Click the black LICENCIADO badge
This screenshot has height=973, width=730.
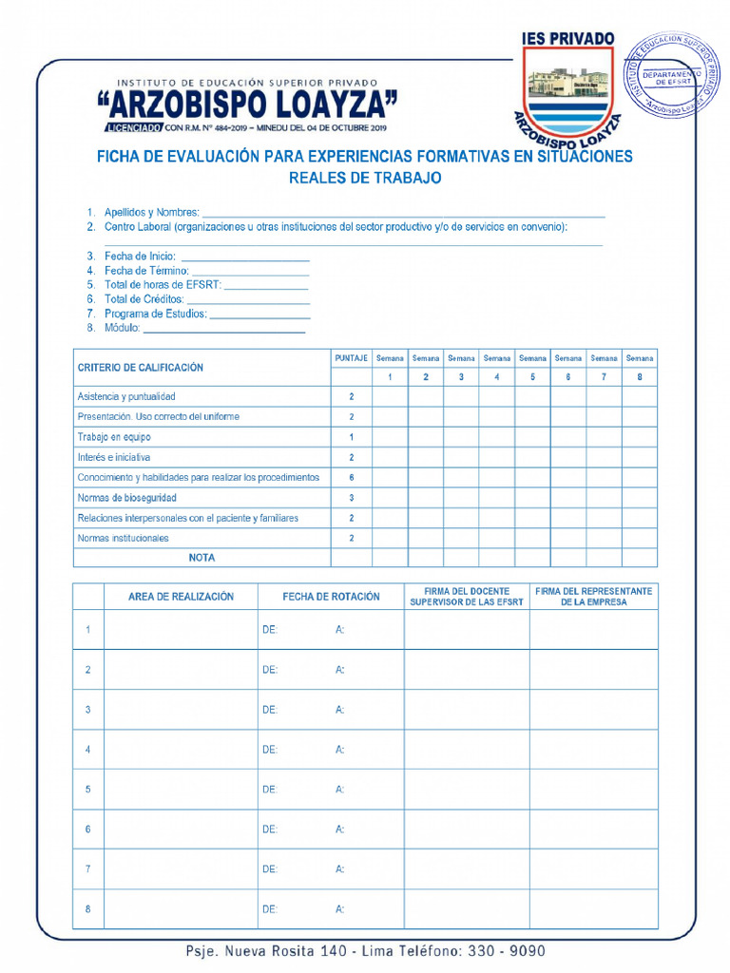click(x=132, y=127)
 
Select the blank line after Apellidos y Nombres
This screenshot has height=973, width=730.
click(x=403, y=213)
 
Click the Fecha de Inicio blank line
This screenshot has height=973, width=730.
click(x=244, y=257)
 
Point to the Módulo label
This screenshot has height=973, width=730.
click(x=122, y=328)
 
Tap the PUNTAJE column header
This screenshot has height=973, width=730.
click(x=351, y=358)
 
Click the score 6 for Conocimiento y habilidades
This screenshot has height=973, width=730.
click(x=351, y=477)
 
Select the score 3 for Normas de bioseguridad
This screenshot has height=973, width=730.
click(x=351, y=498)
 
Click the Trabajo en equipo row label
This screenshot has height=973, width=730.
click(x=114, y=437)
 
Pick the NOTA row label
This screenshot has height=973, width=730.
click(x=202, y=558)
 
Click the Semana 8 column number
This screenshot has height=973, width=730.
click(x=640, y=377)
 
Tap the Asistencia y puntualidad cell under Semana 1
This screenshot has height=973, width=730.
click(x=389, y=396)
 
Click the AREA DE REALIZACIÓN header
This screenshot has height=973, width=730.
click(x=181, y=597)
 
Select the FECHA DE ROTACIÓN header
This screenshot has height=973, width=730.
click(x=331, y=597)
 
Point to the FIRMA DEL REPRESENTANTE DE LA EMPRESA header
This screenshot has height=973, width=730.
click(x=593, y=597)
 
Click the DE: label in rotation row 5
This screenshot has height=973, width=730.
click(x=270, y=790)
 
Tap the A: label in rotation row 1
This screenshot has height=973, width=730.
click(x=339, y=630)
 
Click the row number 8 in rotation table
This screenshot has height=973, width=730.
click(x=87, y=909)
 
